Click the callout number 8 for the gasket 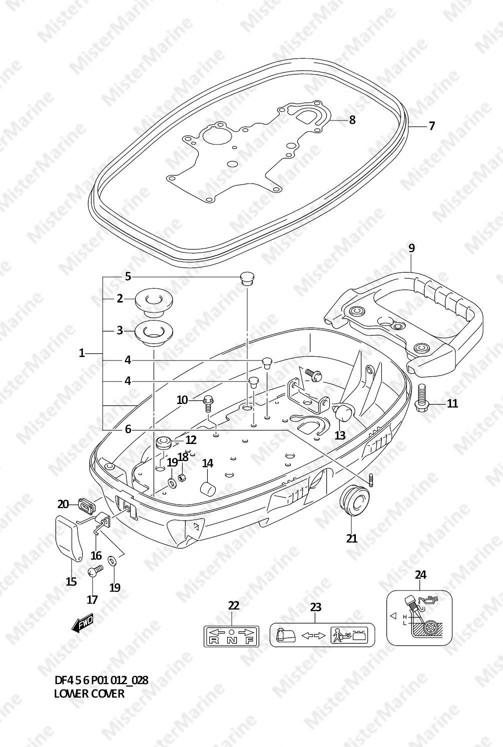(x=352, y=119)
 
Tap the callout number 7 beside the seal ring (x=431, y=126)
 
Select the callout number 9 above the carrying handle (x=411, y=248)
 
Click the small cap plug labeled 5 (x=247, y=278)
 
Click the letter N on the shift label (x=231, y=640)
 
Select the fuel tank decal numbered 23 (x=322, y=635)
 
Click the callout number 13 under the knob (x=340, y=435)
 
